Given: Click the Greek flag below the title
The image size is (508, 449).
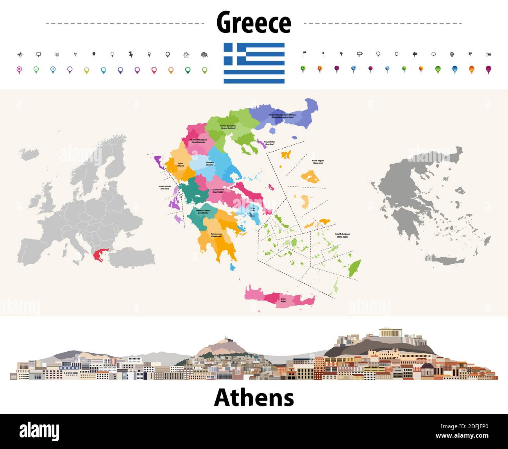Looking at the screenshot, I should coord(254,63).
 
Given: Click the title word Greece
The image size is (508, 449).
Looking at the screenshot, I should coord(254,23).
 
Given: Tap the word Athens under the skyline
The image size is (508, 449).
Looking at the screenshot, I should coord(254,398).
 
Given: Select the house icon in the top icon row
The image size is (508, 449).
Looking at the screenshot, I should coord(186,55).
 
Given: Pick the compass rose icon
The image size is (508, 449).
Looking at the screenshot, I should coord(20,55).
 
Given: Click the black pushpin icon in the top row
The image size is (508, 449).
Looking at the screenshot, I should coord(131,55).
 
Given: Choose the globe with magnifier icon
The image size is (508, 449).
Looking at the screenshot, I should coord(204,55).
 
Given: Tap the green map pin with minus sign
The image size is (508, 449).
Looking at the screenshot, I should coord(36,70).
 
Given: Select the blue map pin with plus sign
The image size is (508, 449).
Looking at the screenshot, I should coord(53,70).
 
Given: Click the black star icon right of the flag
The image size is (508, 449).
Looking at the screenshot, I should coord(341,54).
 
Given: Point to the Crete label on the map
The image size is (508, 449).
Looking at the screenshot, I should coord(283,300).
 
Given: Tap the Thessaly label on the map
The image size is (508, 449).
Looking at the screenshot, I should coord(210,163).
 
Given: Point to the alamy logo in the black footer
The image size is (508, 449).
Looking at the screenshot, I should coord(39,431).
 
